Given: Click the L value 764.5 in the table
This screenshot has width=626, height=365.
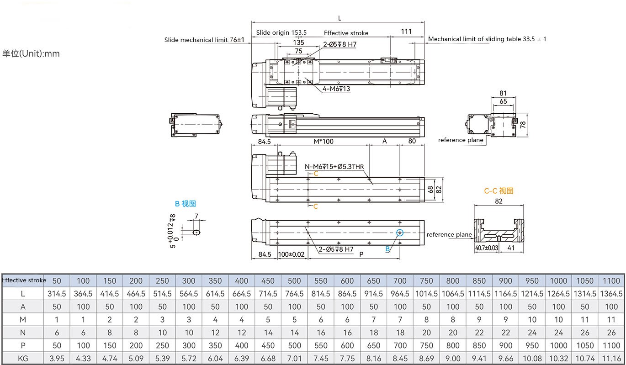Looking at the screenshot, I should pos(294,293).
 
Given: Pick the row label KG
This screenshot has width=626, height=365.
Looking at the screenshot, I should pos(23,358).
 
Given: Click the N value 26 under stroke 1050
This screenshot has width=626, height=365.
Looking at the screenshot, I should pos(584,333).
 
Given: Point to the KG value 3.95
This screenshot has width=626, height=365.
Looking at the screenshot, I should pos(57,358).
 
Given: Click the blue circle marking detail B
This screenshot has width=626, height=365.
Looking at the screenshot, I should pos(400,233).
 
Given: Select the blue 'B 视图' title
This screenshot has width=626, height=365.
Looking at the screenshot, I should pos(185,204).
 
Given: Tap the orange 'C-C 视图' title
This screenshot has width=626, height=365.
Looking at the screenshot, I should pos(499,191).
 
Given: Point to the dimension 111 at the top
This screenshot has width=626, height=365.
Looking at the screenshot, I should pos(406,32).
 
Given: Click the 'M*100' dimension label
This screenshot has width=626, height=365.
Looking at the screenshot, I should pos(323,141).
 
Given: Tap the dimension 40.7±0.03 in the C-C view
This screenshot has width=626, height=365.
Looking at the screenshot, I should pos(487,248).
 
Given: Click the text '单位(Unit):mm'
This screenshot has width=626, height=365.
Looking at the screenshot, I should pos(31,53).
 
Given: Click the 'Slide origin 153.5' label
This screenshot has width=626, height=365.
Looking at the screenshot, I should pos(281,32).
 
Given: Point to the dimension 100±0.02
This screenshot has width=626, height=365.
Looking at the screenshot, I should pos(291,254).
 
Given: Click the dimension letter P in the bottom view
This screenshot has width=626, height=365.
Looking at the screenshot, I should pos(361,254).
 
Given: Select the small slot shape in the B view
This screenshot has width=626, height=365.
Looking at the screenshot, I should pos(196,232).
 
